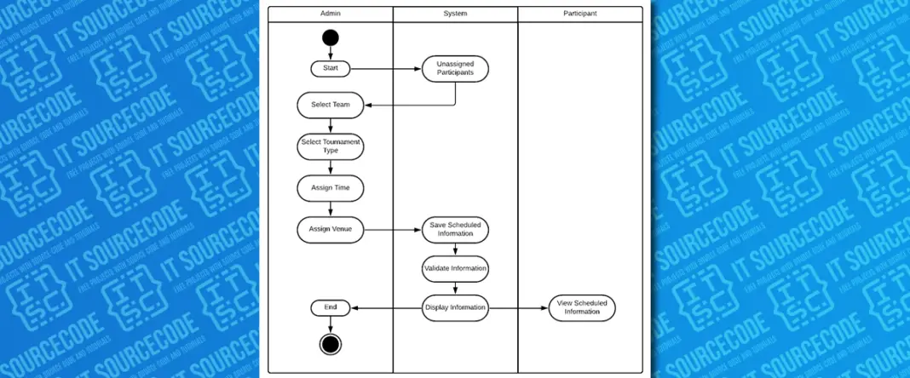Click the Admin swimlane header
coord(331,14)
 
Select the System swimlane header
coord(455,14)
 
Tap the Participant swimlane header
coord(580,14)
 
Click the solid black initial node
coord(331,37)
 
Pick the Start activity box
coord(331,68)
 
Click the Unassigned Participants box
coord(455,69)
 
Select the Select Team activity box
coord(331,106)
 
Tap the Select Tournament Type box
coord(331,146)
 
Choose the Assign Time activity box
coord(331,187)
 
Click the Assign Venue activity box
coord(331,229)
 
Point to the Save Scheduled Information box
coord(455,229)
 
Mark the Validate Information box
coord(455,268)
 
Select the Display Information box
coord(455,308)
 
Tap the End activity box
coord(331,307)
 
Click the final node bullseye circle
coord(331,343)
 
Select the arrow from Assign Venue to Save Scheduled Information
coord(393,229)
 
